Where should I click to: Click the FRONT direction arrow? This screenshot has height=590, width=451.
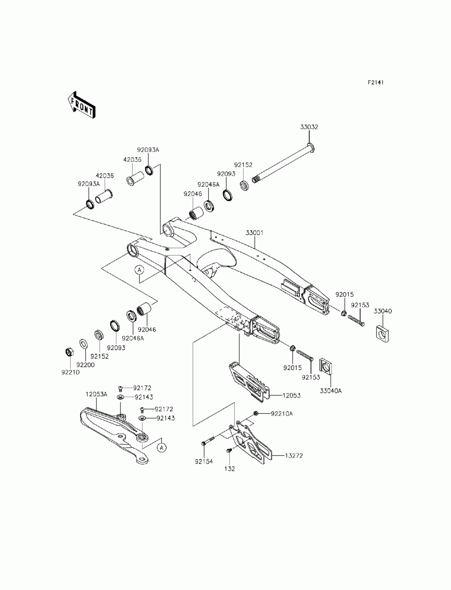tap(81, 105)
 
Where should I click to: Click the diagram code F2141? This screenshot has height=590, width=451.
tap(376, 82)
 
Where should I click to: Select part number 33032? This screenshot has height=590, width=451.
tap(309, 127)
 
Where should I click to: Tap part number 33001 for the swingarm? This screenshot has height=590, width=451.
tap(254, 233)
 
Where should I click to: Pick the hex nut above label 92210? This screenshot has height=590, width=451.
tap(69, 352)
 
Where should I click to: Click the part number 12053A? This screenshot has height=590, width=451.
tap(97, 394)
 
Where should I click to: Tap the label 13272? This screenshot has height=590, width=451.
tap(294, 456)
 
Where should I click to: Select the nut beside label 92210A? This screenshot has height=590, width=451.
tap(256, 413)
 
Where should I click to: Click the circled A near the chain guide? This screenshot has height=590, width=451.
tap(161, 448)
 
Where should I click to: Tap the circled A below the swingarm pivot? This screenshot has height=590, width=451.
tap(139, 270)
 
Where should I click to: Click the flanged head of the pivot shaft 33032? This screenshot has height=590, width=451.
tap(311, 147)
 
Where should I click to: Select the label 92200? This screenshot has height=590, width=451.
tap(86, 365)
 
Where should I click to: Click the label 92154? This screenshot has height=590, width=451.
tap(204, 462)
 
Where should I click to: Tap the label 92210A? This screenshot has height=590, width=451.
tap(281, 414)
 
